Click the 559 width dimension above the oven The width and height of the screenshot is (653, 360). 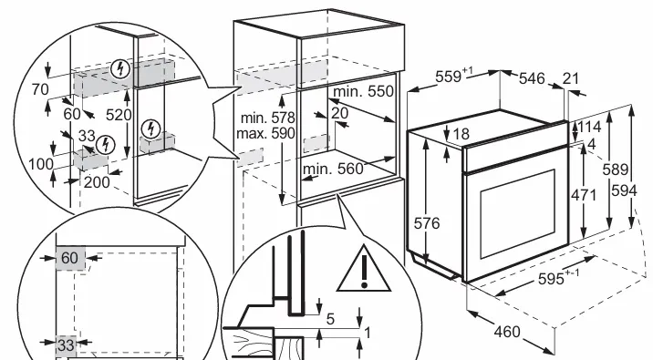[x=454, y=77]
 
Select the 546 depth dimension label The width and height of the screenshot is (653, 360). [x=532, y=78]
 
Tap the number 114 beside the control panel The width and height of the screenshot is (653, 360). [x=589, y=127]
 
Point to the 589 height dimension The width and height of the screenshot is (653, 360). [x=616, y=170]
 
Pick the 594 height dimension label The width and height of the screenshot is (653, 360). [x=624, y=190]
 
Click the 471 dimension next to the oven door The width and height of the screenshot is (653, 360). [x=584, y=195]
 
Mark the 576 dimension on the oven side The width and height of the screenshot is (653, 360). [x=427, y=223]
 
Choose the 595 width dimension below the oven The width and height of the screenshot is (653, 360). [x=558, y=278]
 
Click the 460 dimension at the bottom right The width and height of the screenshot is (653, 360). [x=507, y=332]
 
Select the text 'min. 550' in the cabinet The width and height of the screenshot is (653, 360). [x=363, y=91]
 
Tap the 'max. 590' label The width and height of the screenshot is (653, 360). [x=265, y=134]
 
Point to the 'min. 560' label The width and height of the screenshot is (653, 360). [x=333, y=169]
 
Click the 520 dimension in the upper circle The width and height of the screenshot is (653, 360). [x=119, y=115]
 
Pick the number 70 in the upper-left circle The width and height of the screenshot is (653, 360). [x=40, y=89]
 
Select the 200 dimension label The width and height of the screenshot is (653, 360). [x=97, y=182]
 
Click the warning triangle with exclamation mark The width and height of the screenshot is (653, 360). [x=364, y=269]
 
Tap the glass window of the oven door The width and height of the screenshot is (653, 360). [x=518, y=214]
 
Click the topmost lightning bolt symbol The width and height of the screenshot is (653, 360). [x=120, y=68]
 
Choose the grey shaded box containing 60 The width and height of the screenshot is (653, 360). [x=70, y=258]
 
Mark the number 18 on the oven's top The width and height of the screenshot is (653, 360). [x=461, y=134]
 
